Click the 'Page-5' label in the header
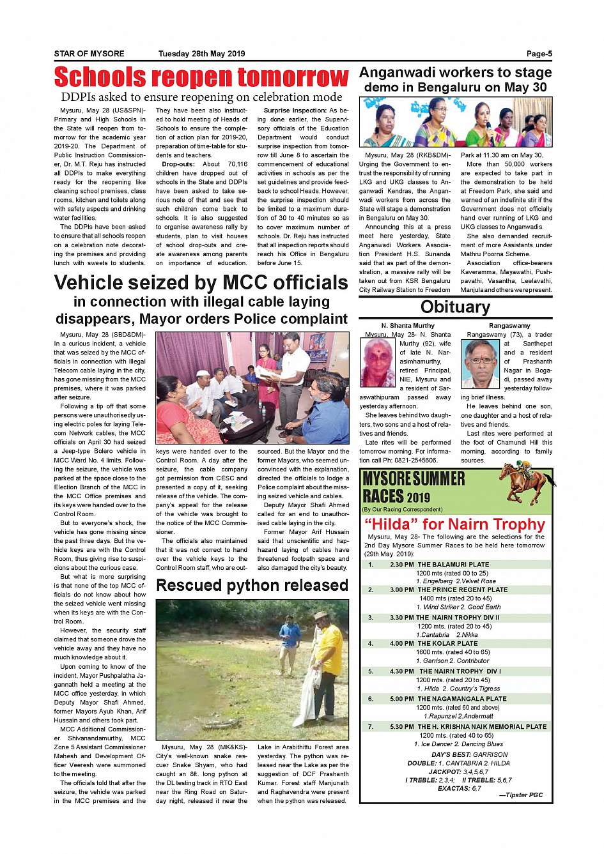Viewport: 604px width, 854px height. pos(539,54)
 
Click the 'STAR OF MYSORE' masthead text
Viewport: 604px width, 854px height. pos(89,54)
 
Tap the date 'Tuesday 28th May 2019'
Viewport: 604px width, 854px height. pos(201,54)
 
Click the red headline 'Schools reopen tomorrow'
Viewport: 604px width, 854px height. pos(201,77)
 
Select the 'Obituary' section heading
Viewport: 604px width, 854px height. pos(455,307)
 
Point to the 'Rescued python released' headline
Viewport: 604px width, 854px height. pos(252,585)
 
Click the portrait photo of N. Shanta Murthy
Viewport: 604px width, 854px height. pos(378,362)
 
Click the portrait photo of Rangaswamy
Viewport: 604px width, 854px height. pos(481,363)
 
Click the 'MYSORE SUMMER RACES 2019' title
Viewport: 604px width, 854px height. pos(414,487)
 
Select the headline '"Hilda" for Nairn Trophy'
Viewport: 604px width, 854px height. pos(454,524)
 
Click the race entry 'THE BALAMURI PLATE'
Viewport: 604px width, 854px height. pos(453,565)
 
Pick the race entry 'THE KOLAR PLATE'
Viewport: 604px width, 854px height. pos(447,643)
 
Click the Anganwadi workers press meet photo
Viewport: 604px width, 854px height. pos(455,122)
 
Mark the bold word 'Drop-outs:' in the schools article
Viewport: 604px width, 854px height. pos(178,164)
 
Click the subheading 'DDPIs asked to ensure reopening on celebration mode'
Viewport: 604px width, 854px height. pos(201,97)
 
